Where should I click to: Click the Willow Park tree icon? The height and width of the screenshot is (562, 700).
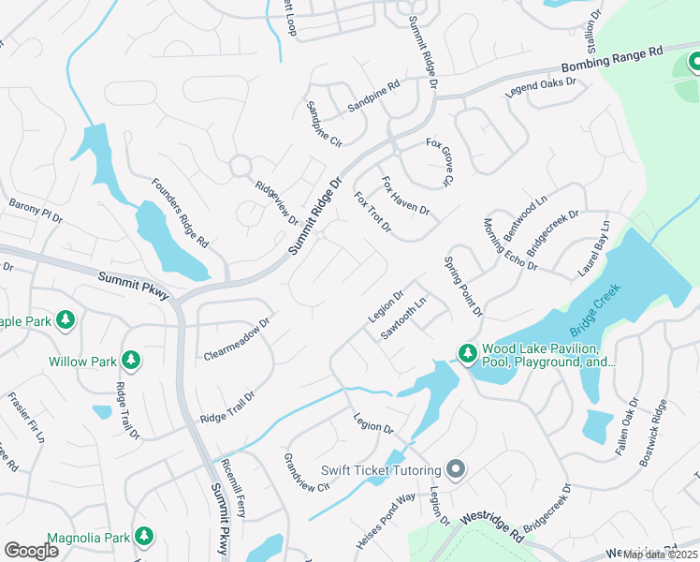click(x=131, y=361)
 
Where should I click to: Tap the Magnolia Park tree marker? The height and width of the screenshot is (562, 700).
click(x=143, y=535)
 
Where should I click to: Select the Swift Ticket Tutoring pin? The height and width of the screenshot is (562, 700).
click(x=456, y=469)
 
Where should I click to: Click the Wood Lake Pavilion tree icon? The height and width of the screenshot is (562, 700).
click(x=466, y=353)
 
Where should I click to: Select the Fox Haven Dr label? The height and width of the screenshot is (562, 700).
click(x=405, y=196)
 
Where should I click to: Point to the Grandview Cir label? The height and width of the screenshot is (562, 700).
click(x=307, y=473)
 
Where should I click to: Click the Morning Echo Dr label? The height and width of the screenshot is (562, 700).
click(x=510, y=244)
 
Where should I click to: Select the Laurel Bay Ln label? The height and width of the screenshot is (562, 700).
click(x=593, y=248)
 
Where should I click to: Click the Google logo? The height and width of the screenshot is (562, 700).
click(x=31, y=550)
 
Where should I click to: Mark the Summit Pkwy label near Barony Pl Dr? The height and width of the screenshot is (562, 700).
click(x=133, y=285)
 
